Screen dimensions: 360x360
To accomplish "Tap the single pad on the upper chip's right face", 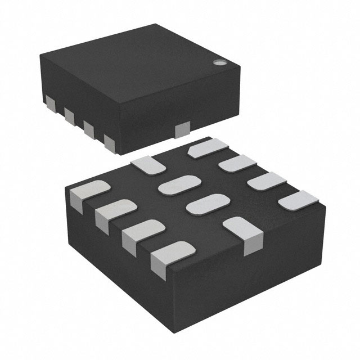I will point(183,130).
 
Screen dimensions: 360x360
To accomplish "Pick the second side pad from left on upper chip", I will point(69,116).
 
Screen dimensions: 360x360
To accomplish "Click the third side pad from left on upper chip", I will point(88,128).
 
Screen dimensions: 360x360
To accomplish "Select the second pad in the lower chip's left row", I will point(115,211).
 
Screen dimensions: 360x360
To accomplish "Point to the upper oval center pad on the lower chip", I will point(179,184).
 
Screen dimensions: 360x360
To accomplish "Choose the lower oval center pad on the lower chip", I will point(204,203).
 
